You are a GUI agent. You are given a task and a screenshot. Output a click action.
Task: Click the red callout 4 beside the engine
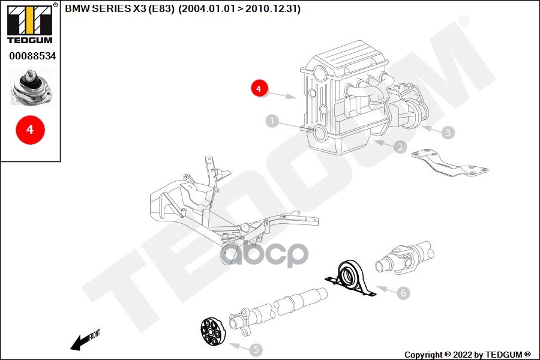259,88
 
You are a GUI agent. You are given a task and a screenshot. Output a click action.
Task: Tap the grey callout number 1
273,122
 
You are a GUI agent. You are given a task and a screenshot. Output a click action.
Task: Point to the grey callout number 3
447,131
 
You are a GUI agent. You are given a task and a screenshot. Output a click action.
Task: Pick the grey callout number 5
255,349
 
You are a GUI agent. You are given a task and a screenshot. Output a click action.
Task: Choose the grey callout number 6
403,293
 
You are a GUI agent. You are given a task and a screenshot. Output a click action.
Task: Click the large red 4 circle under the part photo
29,129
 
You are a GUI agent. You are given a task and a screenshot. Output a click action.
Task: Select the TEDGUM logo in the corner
29,23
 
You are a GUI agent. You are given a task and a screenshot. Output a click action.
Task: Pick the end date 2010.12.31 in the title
277,9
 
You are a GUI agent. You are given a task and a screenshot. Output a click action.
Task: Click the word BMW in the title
76,9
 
